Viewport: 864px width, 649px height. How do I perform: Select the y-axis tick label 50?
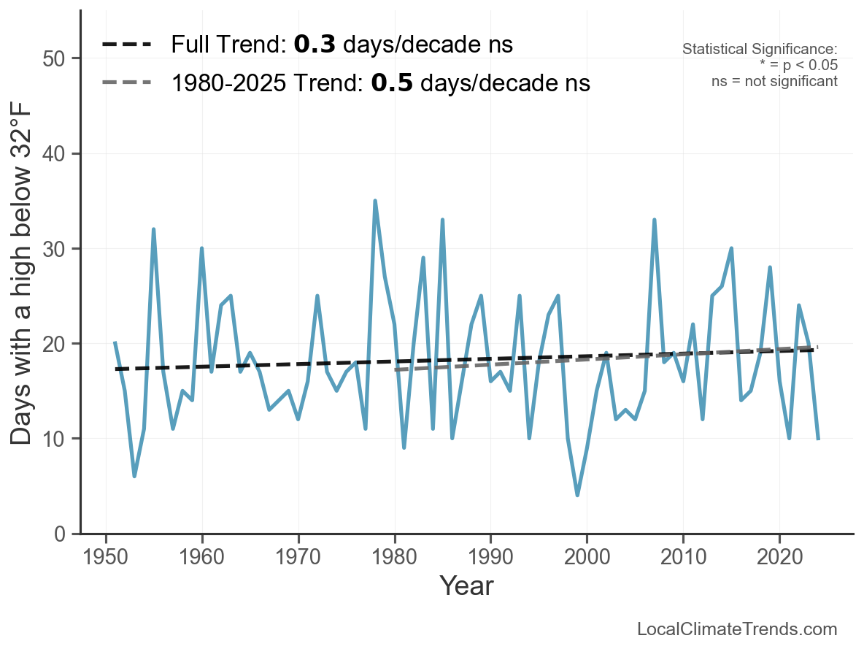56,58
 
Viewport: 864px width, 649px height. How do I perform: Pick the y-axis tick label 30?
56,249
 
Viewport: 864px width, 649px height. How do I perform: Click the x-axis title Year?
466,585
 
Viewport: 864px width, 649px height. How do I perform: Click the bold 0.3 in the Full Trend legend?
315,45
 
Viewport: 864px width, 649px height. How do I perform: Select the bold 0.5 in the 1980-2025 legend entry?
392,83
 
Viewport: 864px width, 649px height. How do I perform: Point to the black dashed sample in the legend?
127,45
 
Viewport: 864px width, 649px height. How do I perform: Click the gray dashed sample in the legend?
127,83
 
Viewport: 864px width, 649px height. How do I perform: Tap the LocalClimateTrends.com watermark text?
737,629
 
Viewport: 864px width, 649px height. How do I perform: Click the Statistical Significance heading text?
760,49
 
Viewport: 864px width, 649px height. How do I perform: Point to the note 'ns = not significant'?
774,81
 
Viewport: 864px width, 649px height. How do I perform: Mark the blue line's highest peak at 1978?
375,201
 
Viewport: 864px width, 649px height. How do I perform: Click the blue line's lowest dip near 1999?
577,495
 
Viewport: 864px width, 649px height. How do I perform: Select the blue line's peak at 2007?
655,220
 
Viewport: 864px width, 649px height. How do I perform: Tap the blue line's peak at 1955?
153,229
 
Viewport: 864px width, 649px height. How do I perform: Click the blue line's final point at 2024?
818,438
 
